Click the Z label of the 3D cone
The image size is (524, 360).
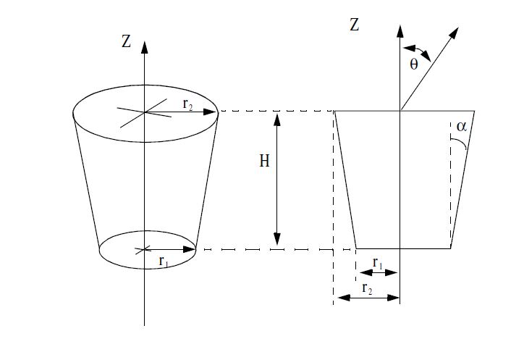click(x=126, y=41)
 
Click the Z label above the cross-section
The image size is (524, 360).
click(x=354, y=25)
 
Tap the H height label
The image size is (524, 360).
click(x=264, y=161)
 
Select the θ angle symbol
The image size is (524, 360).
click(x=414, y=64)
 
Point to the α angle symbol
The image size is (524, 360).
click(x=462, y=127)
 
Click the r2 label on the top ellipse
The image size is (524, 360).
click(x=187, y=104)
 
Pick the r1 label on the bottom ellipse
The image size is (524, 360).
click(x=164, y=261)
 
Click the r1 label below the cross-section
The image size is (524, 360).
click(x=378, y=263)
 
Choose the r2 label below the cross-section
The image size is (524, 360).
click(x=367, y=288)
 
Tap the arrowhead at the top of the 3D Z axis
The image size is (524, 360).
click(x=144, y=47)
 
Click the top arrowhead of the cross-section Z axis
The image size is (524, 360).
click(x=400, y=30)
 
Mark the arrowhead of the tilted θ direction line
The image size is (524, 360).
click(x=455, y=33)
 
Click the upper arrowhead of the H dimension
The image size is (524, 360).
click(x=277, y=120)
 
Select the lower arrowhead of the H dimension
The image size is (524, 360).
click(x=277, y=239)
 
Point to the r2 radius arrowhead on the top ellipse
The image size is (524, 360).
click(x=210, y=112)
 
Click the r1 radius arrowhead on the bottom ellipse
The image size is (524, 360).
click(x=189, y=249)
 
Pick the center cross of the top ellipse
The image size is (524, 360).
click(x=144, y=112)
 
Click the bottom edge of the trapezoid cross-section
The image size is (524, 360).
click(x=403, y=248)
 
